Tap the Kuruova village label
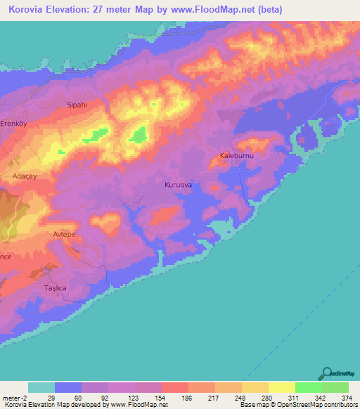tap(178, 185)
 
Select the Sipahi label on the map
tap(76, 105)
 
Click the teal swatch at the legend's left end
tap(41, 387)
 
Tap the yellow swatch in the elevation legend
tap(281, 387)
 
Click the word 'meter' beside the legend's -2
tap(11, 398)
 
